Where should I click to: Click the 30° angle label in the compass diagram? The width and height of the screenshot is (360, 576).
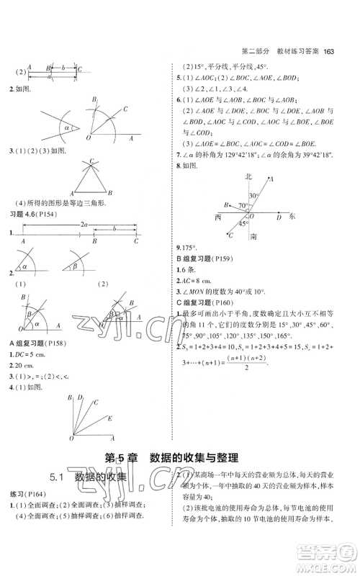(x=253, y=195)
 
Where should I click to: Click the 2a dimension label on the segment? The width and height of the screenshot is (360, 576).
(x=84, y=225)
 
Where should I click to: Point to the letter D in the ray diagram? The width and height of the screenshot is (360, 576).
(x=80, y=397)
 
